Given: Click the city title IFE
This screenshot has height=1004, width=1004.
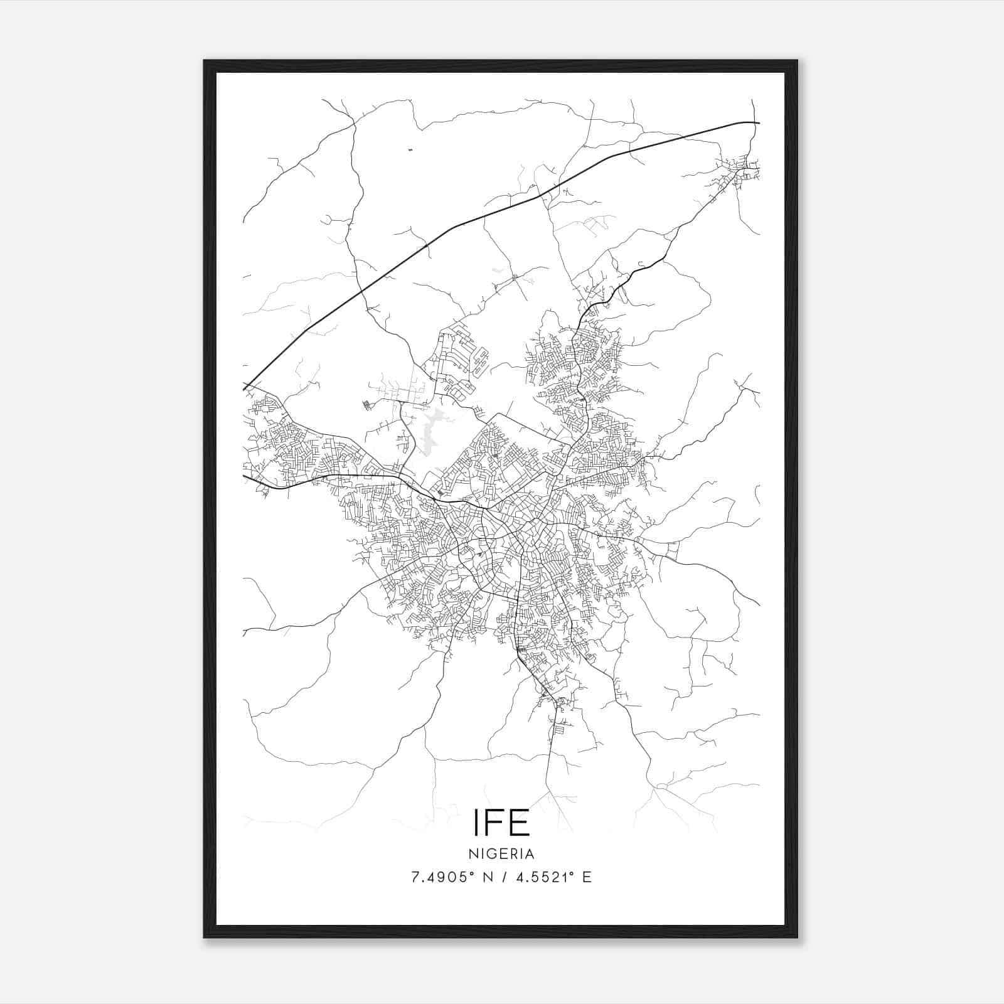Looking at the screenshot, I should tap(501, 823).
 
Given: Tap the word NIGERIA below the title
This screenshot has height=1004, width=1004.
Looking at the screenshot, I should tap(501, 854).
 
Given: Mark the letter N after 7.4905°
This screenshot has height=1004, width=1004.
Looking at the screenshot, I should tap(486, 877).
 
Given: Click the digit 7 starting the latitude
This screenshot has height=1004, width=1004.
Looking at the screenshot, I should tap(415, 877).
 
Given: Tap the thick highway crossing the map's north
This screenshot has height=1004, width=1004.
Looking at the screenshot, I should tap(502, 207).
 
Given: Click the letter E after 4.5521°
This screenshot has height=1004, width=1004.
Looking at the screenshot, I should tap(587, 877).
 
